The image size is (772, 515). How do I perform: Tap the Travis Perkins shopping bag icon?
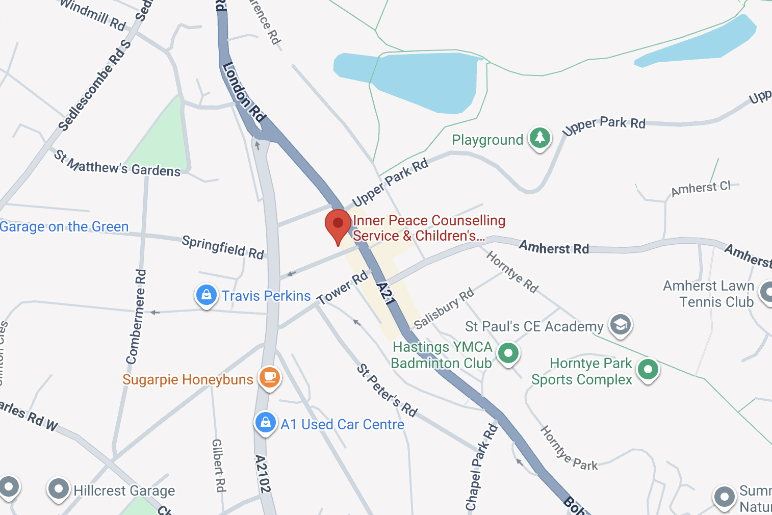pos(206,295)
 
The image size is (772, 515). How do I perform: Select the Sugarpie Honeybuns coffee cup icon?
pos(270,378)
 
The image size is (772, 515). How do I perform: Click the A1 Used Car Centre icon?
pos(265,423)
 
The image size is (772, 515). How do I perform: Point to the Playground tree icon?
pos(539,138)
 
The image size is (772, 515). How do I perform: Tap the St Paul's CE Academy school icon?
pos(620,325)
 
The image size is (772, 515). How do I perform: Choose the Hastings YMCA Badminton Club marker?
pos(508,353)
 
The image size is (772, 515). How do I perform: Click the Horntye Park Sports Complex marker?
pos(648,369)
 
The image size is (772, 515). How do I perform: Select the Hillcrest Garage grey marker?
pos(59,489)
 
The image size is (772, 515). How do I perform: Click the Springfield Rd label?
pos(223,247)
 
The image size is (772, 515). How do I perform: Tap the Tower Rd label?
pos(343,288)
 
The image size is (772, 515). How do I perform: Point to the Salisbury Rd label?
pos(444,309)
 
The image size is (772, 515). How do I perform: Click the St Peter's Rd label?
pos(387,390)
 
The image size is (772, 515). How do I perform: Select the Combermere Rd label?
pos(137,317)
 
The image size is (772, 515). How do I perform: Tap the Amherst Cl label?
pos(701,189)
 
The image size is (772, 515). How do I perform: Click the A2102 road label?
pos(262,474)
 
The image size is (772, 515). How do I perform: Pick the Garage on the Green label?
pos(64,226)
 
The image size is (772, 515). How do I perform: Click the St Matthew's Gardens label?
pos(117,163)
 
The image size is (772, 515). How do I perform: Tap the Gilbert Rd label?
pos(218,465)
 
